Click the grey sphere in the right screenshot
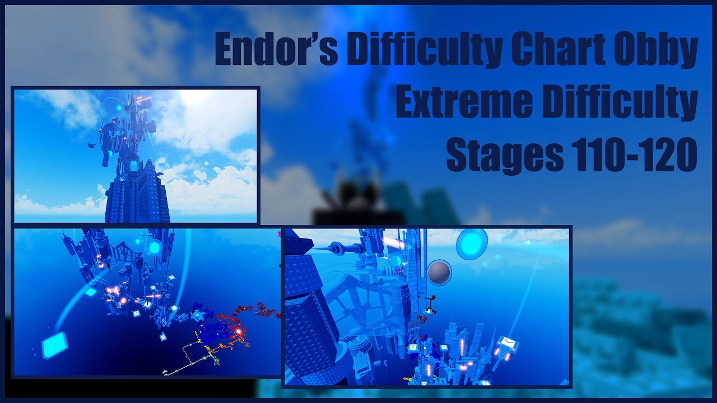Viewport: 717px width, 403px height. point(440,273)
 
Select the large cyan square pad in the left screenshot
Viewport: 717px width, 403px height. point(54,345)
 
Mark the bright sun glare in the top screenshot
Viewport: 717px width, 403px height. point(193,96)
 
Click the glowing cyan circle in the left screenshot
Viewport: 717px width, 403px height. point(154,247)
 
